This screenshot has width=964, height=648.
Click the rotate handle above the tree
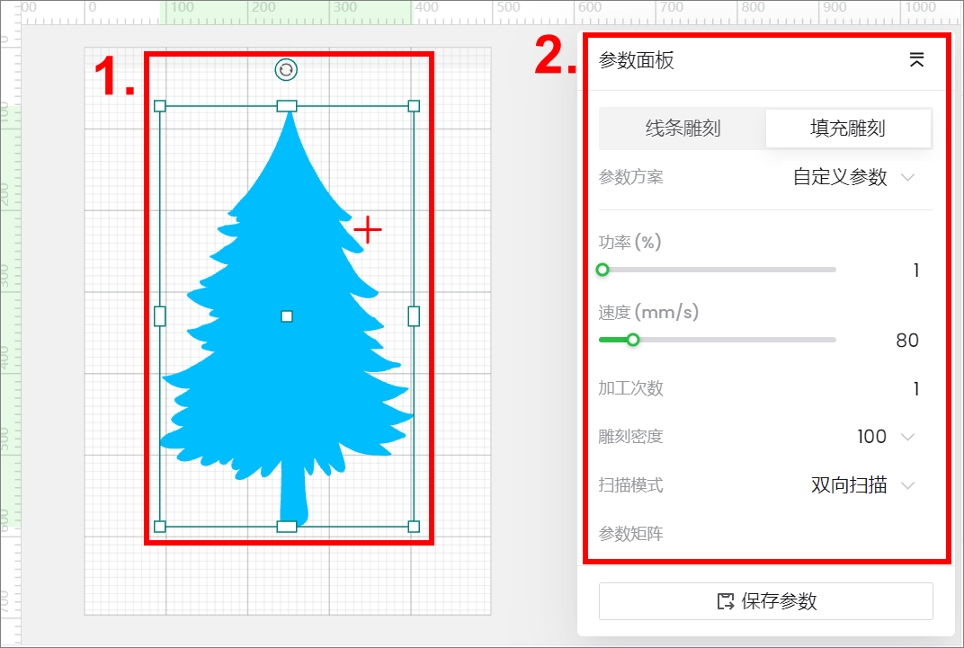[x=286, y=70]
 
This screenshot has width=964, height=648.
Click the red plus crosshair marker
[x=368, y=230]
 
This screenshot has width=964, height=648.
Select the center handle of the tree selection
[x=287, y=316]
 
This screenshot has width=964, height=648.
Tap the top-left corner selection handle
[x=160, y=106]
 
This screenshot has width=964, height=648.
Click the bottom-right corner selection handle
[x=414, y=527]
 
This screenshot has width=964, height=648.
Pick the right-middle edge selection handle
[x=414, y=316]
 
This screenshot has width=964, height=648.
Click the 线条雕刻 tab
[x=683, y=129]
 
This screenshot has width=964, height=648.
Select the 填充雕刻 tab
[x=848, y=129]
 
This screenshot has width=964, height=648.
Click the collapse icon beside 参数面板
[x=916, y=59]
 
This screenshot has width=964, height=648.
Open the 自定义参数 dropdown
[x=853, y=177]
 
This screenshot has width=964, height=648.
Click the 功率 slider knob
[x=602, y=270]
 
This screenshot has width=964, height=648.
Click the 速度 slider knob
[x=633, y=340]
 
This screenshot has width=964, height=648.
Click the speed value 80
[x=906, y=341]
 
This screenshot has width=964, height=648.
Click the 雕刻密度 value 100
[x=871, y=437]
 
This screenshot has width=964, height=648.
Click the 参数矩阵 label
[x=630, y=534]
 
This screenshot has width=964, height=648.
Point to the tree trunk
[x=293, y=494]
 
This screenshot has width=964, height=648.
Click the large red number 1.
[x=114, y=76]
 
